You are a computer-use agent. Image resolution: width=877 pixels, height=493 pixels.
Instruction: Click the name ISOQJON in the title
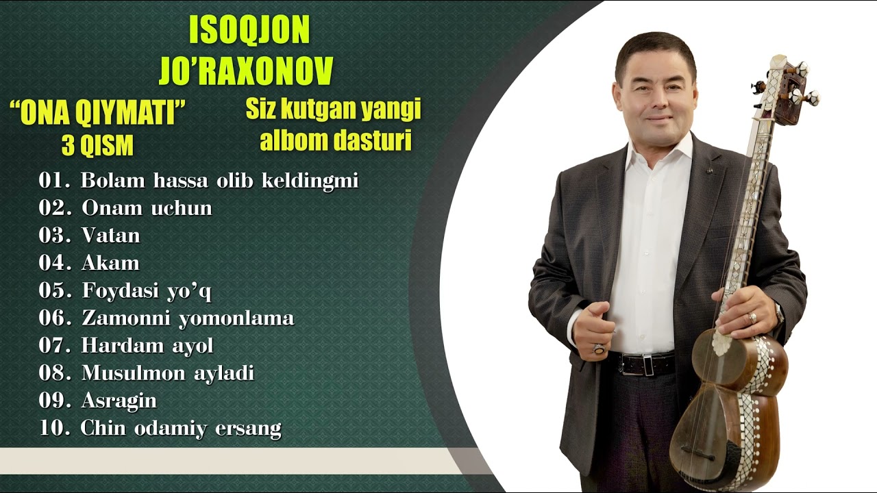coord(249,31)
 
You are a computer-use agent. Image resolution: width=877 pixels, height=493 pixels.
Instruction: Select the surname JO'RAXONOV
coord(246,71)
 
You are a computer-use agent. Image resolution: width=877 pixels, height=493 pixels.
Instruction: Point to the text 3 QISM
coord(97,146)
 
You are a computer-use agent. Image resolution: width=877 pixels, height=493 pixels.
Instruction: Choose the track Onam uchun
coord(147,207)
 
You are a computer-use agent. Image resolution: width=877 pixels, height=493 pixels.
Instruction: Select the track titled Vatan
coord(110,236)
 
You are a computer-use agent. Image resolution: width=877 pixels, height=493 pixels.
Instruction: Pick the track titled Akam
coord(110,263)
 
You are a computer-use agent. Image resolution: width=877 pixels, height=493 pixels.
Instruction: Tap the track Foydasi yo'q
coord(147,291)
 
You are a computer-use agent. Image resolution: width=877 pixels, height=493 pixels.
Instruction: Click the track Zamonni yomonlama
coord(188,318)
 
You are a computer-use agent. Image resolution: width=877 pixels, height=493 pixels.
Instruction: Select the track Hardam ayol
coord(147,346)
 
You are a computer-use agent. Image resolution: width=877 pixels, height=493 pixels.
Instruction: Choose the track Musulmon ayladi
coord(168,373)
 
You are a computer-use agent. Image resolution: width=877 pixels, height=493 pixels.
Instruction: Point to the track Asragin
coord(119,401)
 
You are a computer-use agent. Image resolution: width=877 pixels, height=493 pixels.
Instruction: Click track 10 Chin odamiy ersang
coord(181,429)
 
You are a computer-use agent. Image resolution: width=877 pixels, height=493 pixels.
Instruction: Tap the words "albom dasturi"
coord(335,140)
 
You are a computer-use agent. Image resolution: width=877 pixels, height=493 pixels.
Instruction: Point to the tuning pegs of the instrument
coord(788,86)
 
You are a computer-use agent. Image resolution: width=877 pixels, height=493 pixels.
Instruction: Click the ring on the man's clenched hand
coord(599,349)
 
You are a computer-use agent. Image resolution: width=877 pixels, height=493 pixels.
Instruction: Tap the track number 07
coord(55,346)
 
